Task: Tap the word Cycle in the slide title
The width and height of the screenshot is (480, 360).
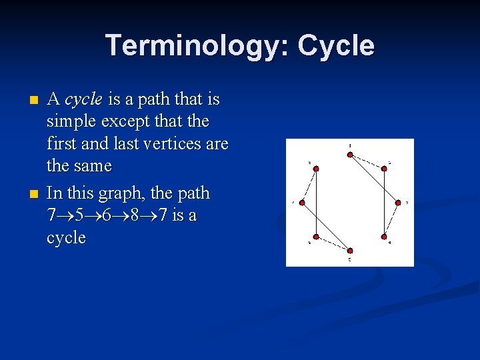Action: [336, 46]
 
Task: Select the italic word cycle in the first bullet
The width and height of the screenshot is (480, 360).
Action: [83, 100]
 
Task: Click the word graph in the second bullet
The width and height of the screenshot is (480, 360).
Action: [123, 194]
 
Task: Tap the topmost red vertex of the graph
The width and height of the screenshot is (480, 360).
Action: [350, 155]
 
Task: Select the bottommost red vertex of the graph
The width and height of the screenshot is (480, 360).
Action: [350, 250]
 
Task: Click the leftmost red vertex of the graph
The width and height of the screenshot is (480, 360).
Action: [302, 202]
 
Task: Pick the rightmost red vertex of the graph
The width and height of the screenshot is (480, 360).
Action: [398, 202]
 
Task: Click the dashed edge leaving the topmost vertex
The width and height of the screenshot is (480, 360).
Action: [368, 162]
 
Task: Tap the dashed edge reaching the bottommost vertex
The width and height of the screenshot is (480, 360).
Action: [332, 243]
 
